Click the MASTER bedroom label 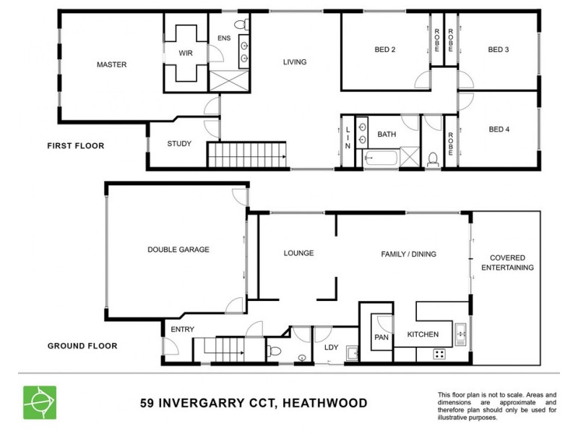pos(111,64)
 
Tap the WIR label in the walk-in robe pos(186,53)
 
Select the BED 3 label pos(499,50)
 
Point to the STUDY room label pos(179,143)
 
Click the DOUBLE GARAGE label pos(178,250)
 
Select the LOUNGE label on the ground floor pos(298,253)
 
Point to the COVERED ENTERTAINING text pos(512,263)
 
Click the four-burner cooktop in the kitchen pos(439,354)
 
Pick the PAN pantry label pos(381,337)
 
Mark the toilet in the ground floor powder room pos(273,352)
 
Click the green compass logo pos(39,402)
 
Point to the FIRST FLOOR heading pos(75,145)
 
